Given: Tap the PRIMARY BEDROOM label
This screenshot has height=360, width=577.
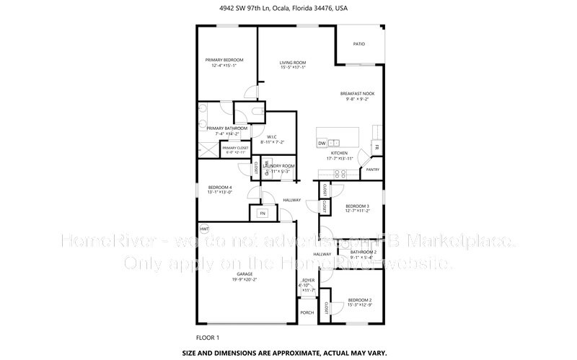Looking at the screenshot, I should [224, 59].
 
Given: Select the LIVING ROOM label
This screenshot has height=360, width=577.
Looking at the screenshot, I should [293, 63].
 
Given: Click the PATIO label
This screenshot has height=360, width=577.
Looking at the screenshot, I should [358, 44].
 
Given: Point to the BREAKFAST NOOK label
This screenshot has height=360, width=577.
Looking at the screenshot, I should [357, 94].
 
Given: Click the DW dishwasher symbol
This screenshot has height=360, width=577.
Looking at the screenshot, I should [322, 143].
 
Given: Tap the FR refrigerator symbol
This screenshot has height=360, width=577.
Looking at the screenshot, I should [376, 148].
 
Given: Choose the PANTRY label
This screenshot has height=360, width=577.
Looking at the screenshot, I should [372, 170].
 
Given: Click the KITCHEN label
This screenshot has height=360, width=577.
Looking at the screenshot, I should [339, 154].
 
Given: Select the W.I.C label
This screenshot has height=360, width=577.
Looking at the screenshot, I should [272, 136].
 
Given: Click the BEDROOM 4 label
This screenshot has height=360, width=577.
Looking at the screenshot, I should [221, 188].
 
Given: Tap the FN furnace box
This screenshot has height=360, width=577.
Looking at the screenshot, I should [263, 214].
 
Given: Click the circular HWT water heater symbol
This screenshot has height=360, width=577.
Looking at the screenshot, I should [204, 229].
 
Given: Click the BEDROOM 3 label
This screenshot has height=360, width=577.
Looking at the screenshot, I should [357, 206].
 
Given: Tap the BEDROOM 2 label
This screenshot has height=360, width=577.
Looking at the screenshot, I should [360, 299].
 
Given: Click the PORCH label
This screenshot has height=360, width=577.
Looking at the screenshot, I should [307, 313].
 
